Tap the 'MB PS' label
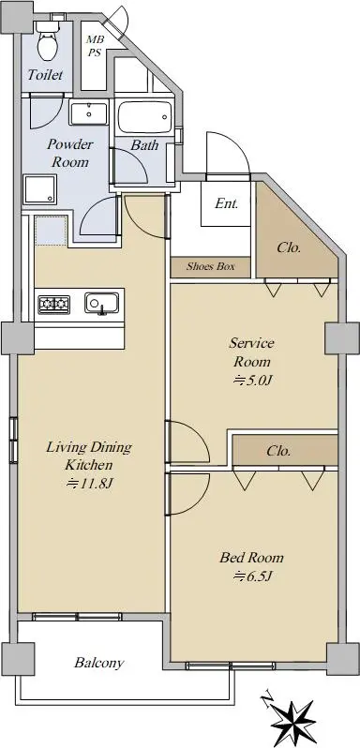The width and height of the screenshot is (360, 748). [x=95, y=46]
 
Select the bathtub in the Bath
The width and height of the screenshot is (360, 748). [x=144, y=117]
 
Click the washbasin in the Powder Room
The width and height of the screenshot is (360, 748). [x=89, y=113]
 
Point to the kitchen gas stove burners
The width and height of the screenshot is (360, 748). [x=54, y=304]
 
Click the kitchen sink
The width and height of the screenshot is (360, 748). [x=102, y=303]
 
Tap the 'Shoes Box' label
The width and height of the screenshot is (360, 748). [x=210, y=266]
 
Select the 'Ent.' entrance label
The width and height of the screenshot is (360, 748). [x=227, y=203]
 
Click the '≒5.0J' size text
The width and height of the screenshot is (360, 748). [x=252, y=381]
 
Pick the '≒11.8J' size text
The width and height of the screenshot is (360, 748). [x=89, y=484]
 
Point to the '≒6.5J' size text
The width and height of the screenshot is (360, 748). [x=252, y=576]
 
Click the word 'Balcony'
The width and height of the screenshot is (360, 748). [x=99, y=663]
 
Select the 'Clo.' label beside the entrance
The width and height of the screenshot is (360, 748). [x=289, y=248]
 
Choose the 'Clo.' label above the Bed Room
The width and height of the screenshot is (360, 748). [x=278, y=450]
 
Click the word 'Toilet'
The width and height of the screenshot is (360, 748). [x=45, y=75]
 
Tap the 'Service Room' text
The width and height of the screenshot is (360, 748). [x=252, y=352]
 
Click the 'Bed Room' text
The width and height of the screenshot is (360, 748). [x=251, y=557]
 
